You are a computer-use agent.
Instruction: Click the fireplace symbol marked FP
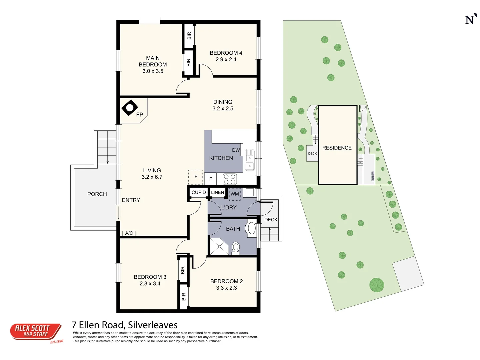[x=130, y=108]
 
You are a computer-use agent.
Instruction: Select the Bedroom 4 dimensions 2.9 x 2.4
[x=226, y=60]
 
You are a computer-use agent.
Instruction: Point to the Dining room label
[x=223, y=102]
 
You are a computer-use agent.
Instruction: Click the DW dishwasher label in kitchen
[x=236, y=150]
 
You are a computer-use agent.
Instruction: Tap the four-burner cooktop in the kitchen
[x=230, y=179]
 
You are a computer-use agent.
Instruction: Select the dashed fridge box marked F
[x=196, y=177]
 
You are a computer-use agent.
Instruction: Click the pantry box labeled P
[x=211, y=179]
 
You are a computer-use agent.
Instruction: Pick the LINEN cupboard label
[x=217, y=192]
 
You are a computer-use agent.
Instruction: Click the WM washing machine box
[x=235, y=194]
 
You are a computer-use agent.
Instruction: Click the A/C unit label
[x=129, y=233]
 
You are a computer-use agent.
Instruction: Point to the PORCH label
[x=97, y=194]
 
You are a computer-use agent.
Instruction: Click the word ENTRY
[x=131, y=200]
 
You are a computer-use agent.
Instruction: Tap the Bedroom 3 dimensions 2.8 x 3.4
[x=150, y=284]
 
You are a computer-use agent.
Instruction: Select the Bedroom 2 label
[x=226, y=281]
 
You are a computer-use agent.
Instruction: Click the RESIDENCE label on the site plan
[x=337, y=148]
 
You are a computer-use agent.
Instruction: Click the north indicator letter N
[x=470, y=20]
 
